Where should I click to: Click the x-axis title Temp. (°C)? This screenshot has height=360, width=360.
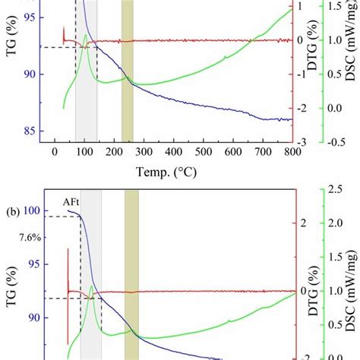click(x=174, y=172)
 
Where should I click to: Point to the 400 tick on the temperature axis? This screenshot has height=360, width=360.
click(x=173, y=152)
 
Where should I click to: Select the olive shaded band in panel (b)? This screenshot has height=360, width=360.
click(x=131, y=273)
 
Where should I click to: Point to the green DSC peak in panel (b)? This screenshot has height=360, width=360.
click(x=92, y=286)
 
